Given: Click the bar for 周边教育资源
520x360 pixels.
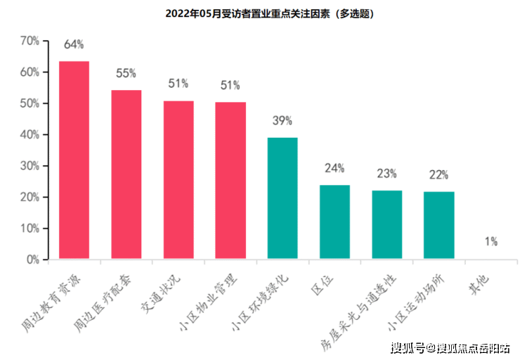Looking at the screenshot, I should pos(74,160).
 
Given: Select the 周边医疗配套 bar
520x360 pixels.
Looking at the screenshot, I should pos(126,174).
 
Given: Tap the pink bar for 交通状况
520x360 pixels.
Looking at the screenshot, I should pos(178,180).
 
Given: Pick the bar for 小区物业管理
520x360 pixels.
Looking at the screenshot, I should pos(230,181).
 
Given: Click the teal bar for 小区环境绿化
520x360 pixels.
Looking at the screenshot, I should pos(282,198).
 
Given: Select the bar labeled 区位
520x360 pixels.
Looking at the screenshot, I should pos(334,222).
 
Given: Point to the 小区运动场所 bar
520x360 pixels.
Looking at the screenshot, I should pos(438,225).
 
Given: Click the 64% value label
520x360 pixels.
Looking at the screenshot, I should pos(74,44).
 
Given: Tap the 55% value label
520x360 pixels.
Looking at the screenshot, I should pos(126,72).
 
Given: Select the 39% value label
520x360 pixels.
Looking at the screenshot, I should pos(282,120).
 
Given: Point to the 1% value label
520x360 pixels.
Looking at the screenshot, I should pos(490,242).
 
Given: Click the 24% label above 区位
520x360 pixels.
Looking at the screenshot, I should pos(334,168).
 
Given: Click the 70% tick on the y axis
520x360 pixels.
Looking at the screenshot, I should pos(29,41).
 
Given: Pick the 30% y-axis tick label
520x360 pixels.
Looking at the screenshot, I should pos(29,166).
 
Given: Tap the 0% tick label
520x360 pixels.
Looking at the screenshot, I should pos(32,259).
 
